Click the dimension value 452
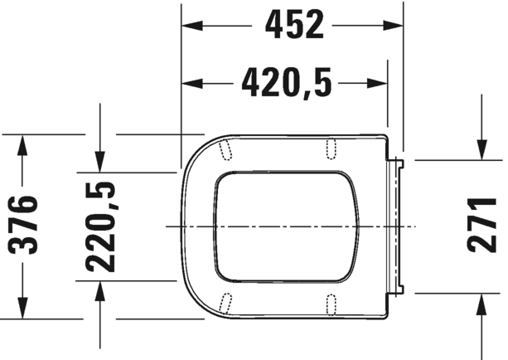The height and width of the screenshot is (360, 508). pyautogui.click(x=293, y=26)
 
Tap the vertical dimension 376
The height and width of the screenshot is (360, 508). pyautogui.click(x=26, y=226)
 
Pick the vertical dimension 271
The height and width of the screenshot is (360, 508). pyautogui.click(x=481, y=226)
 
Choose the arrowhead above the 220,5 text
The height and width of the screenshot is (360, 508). pyautogui.click(x=100, y=162)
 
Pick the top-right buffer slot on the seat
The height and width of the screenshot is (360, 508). pyautogui.click(x=331, y=147)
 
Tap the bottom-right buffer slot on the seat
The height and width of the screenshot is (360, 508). pyautogui.click(x=331, y=304)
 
